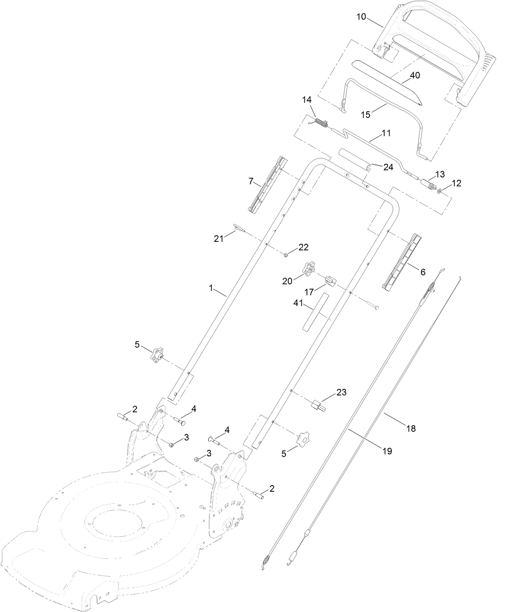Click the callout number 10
click(x=361, y=17)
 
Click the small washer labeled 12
click(x=441, y=190)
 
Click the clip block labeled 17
click(x=330, y=280)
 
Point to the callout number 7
click(x=251, y=181)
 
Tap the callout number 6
click(x=422, y=272)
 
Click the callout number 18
click(x=411, y=428)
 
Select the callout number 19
click(x=387, y=451)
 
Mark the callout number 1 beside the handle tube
click(x=211, y=287)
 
